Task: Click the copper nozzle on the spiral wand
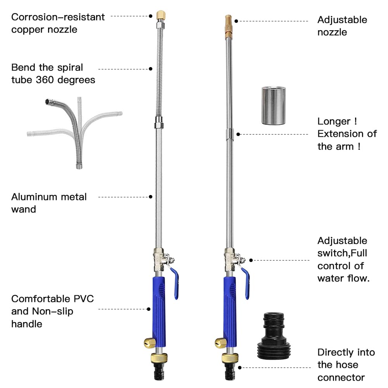click(159, 16)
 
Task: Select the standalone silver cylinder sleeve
click(273, 105)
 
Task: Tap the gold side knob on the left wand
click(149, 343)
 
